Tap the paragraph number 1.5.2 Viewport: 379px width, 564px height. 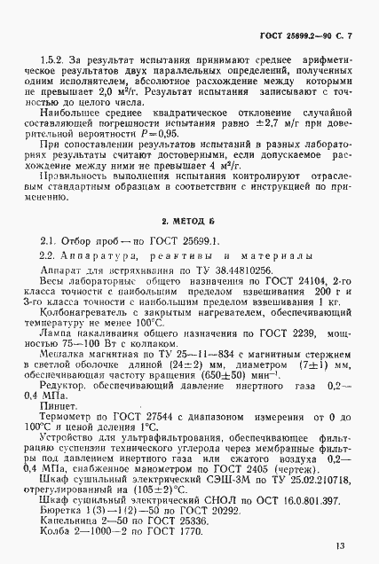point(54,69)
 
